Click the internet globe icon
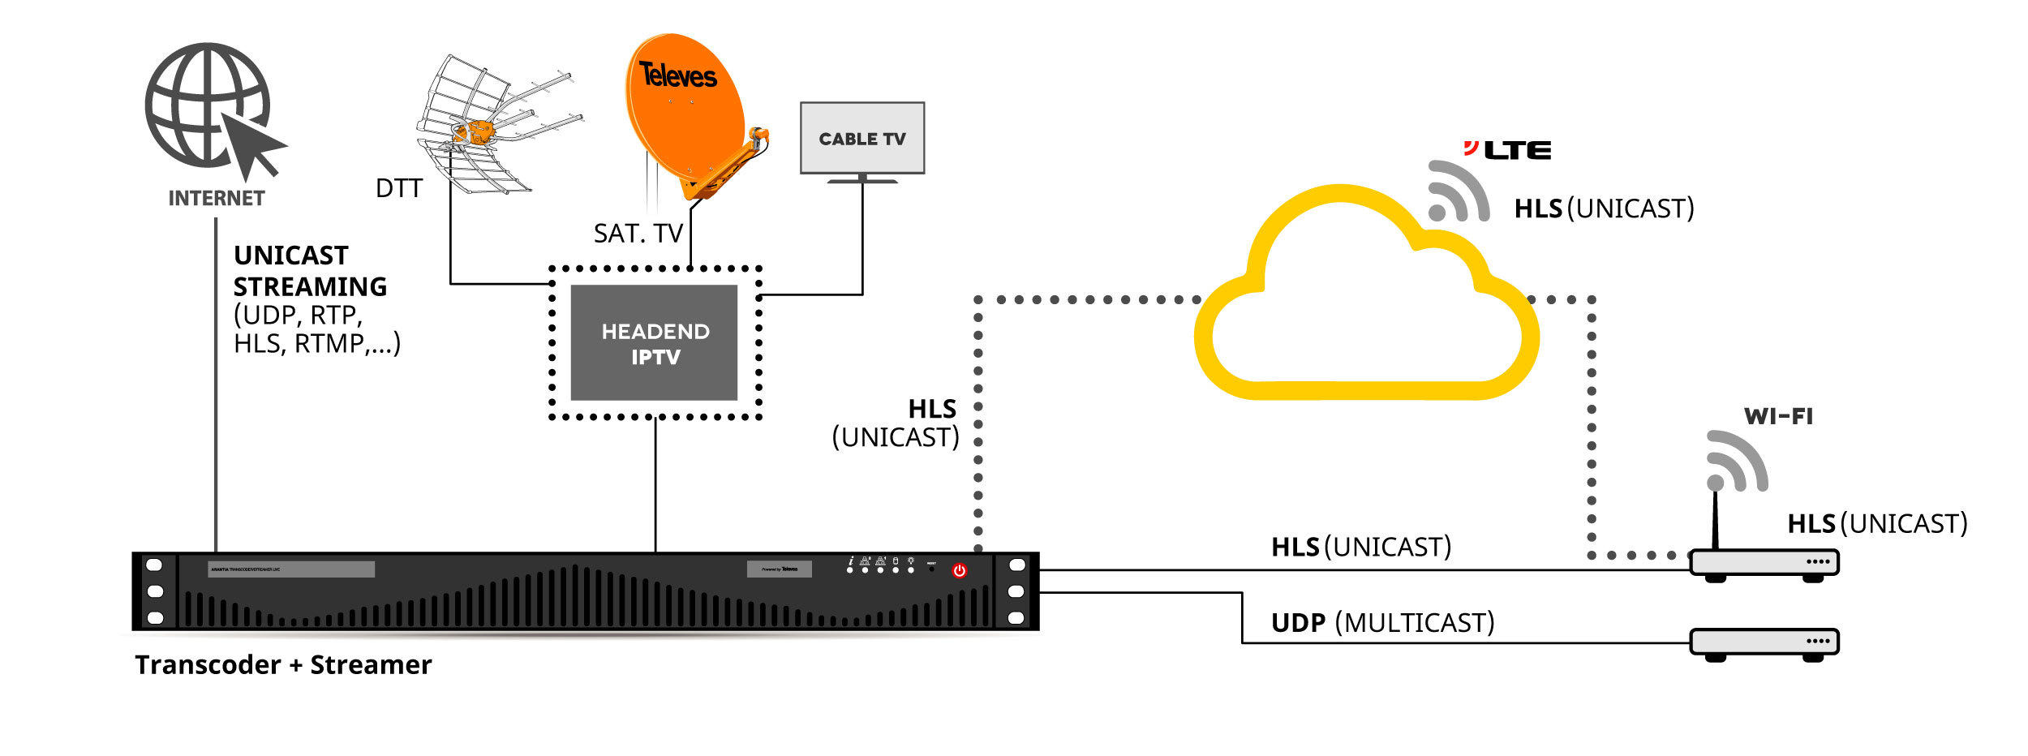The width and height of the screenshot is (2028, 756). point(208,105)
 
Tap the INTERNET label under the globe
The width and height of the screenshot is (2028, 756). point(216,199)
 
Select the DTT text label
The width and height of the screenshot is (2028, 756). point(398,188)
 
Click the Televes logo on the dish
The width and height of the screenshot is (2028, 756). point(677,75)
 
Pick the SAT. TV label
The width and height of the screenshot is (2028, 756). point(638,234)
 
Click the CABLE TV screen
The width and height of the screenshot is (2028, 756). point(861,139)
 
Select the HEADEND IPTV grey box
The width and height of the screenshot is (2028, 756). point(654,343)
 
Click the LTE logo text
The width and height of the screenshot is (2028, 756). point(1516,150)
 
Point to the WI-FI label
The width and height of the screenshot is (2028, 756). point(1778,417)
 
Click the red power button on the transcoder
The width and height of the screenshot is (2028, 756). point(959,570)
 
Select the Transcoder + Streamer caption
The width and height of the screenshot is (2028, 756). point(283,665)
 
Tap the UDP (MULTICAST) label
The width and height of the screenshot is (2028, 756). point(1382,623)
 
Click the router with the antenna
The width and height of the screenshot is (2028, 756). point(1764,562)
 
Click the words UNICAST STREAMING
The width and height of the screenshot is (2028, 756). point(310,271)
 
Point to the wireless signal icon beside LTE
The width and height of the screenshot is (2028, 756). point(1457,193)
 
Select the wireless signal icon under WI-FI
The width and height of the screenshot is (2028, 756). point(1736,462)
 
